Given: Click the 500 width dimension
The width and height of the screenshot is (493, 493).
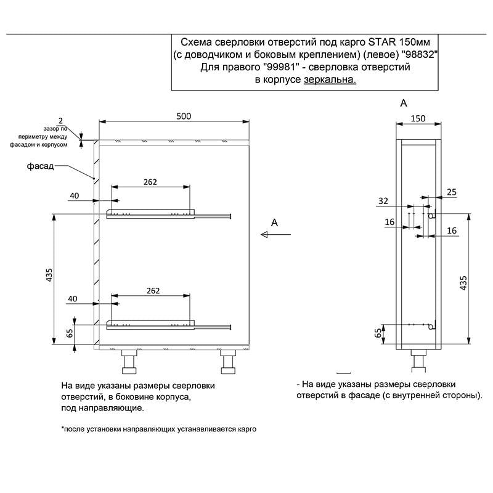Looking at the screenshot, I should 184,116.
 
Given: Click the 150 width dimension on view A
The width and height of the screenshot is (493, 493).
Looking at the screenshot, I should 418,118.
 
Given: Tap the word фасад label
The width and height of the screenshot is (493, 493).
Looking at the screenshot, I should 41,166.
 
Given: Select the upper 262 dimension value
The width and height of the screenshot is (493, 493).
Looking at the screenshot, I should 151,182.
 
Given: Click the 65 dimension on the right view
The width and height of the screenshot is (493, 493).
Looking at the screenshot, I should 377,333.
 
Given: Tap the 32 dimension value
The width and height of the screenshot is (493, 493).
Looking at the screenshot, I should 383,201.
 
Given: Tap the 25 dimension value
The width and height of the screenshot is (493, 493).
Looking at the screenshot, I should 452,192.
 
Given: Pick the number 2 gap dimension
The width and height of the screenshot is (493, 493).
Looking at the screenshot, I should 60,120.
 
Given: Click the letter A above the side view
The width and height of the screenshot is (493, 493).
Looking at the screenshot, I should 404,104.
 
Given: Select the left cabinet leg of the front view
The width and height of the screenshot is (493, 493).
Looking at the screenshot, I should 130,362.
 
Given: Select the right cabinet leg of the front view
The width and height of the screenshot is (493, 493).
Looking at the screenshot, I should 227,362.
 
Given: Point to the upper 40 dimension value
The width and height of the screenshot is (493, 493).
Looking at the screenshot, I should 75,196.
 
